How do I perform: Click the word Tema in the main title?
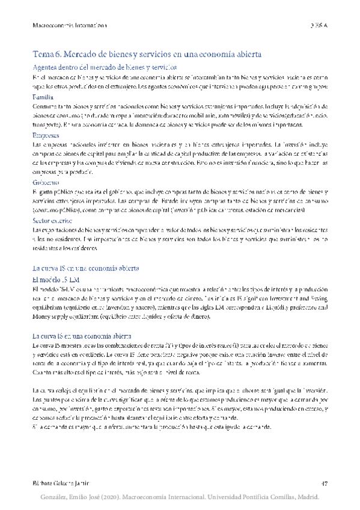44,53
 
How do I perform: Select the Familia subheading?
43,96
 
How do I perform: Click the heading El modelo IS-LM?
56,280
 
